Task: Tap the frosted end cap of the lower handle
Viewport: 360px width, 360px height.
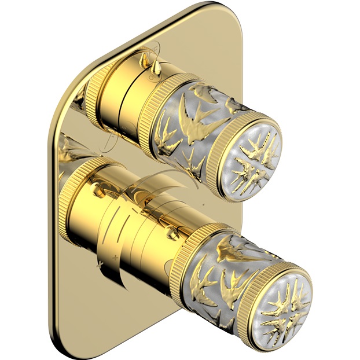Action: (x=284, y=305)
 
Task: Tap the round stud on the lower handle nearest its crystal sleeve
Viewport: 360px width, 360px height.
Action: (x=171, y=234)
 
